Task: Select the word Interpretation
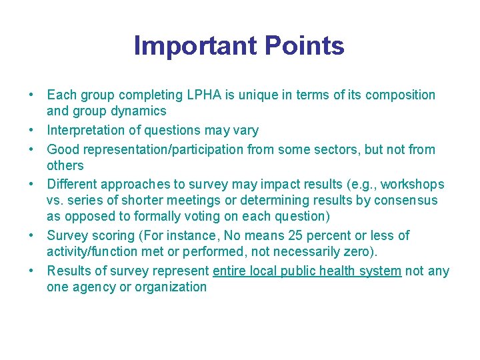(x=85, y=130)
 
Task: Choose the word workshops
(x=412, y=184)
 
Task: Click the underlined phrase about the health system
(x=307, y=271)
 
